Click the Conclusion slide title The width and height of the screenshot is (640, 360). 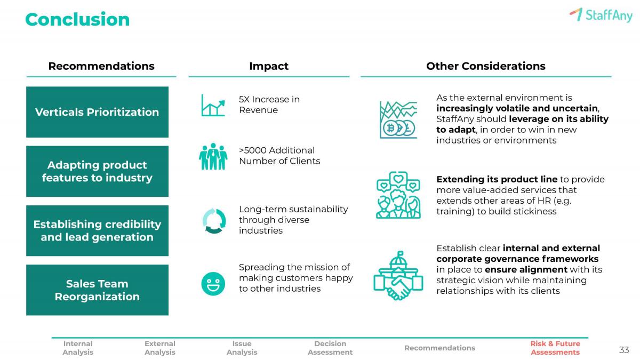[x=77, y=19]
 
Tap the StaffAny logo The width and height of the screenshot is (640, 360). [x=601, y=14]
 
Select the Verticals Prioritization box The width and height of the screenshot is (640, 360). [x=97, y=112]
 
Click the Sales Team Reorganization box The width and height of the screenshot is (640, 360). [x=97, y=290]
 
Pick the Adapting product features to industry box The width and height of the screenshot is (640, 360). [x=97, y=171]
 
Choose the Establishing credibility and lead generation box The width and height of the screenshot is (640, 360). [x=97, y=230]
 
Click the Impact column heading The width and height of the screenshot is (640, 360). [x=269, y=66]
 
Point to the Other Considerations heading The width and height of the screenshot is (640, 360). [x=486, y=66]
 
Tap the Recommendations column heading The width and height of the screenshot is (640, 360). [x=101, y=66]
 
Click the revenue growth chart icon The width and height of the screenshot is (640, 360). [x=213, y=106]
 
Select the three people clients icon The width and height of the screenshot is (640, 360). [x=213, y=157]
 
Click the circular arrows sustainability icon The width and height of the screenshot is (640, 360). [x=214, y=221]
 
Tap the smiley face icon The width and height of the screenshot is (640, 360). [x=213, y=284]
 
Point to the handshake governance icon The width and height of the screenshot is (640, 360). [x=398, y=276]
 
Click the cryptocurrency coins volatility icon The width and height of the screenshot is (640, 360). [x=398, y=119]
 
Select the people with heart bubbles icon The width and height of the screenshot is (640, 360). [x=398, y=195]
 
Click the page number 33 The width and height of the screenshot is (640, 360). [x=624, y=350]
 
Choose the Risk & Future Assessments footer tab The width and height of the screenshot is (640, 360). [x=555, y=348]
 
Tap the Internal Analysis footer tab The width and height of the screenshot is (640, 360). [x=78, y=348]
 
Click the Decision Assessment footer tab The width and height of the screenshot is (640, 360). [x=330, y=348]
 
